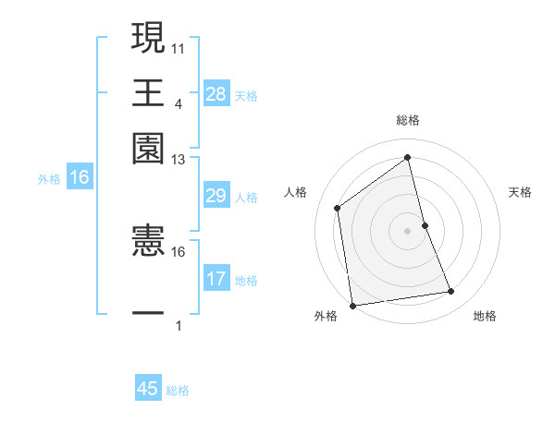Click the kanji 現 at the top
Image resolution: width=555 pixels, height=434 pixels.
pos(148,38)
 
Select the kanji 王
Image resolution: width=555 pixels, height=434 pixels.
pos(148,92)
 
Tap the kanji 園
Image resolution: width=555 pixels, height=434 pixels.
pos(148,148)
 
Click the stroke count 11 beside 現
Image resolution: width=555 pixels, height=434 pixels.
pos(179,48)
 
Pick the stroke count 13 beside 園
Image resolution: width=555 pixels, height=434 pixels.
pos(179,160)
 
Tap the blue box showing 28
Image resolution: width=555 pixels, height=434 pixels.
pos(216,94)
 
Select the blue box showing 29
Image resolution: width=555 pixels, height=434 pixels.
pos(216,196)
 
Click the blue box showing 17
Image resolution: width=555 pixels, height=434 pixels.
pos(216,279)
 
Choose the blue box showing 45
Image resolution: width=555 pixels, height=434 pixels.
pos(148,389)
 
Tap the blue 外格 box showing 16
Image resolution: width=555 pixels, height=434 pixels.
pos(79,178)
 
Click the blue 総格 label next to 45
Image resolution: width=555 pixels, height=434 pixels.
pos(178,391)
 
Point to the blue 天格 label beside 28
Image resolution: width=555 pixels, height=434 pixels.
pos(246,96)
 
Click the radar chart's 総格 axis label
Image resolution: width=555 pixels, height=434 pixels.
pos(408,120)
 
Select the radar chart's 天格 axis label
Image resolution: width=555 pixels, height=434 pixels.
pos(521,192)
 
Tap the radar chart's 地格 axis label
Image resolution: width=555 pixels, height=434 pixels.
pos(485,316)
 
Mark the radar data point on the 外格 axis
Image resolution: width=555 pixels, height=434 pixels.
pos(352,305)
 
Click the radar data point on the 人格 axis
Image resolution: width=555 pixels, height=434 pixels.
pos(338,208)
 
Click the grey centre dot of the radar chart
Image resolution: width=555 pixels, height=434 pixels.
pos(408,230)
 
